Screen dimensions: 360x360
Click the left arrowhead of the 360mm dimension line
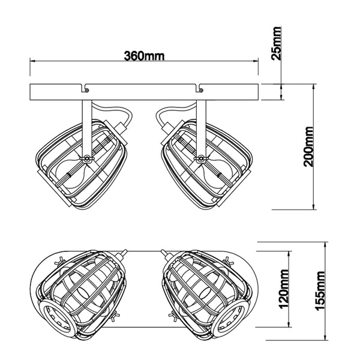(x=32, y=61)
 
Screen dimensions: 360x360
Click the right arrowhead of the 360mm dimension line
(x=256, y=61)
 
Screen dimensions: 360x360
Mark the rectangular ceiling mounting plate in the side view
(x=144, y=93)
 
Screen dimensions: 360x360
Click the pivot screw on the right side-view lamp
(x=200, y=158)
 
